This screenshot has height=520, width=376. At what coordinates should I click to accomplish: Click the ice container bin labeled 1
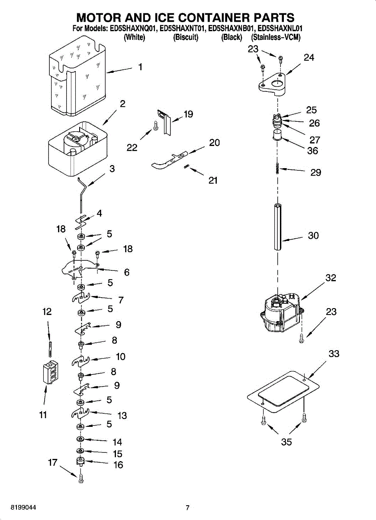point(77,77)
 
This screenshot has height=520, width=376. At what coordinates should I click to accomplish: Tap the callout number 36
point(312,151)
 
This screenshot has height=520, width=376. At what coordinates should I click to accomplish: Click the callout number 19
point(188,114)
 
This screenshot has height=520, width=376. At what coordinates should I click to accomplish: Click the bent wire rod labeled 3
point(82,195)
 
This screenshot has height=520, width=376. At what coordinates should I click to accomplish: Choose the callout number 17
point(53,463)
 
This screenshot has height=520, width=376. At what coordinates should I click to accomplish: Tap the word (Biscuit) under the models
point(186,37)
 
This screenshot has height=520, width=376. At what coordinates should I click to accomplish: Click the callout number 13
point(122,416)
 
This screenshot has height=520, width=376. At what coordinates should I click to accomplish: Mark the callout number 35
point(286,442)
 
